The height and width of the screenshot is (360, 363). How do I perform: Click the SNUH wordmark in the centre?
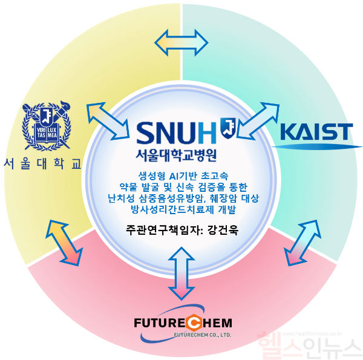[x=176, y=133]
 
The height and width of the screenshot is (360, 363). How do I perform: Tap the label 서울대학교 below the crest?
[x=42, y=164]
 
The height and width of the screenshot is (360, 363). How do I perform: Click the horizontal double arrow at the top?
[x=181, y=42]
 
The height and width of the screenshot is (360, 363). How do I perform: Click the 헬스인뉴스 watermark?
[x=308, y=347]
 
